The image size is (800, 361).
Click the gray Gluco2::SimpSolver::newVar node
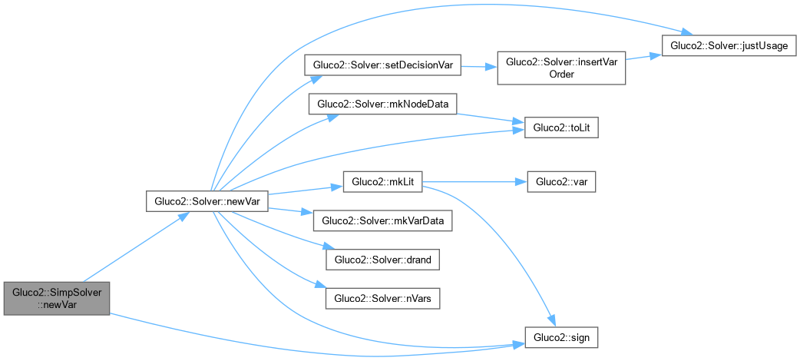[x=57, y=298]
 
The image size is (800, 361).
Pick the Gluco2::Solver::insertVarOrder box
[x=563, y=67]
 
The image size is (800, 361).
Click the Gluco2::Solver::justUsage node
[x=729, y=45]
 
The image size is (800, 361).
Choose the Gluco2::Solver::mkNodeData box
[x=382, y=103]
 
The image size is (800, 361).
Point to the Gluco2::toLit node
[x=560, y=128]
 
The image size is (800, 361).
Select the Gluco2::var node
[x=560, y=183]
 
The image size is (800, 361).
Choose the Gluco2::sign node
[x=560, y=336]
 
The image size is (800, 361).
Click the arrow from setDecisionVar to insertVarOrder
[x=479, y=66]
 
